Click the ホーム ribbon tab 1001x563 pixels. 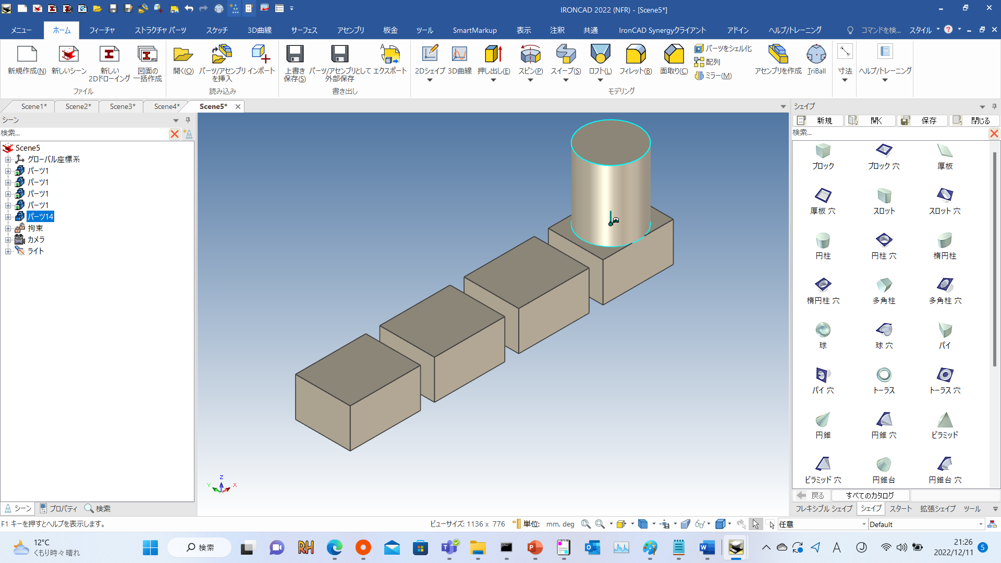coord(62,30)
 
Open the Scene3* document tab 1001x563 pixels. coord(122,106)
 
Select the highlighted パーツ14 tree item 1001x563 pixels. coord(41,216)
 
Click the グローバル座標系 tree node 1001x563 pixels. coord(53,159)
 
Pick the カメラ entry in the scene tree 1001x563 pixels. coord(35,239)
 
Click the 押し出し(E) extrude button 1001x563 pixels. coord(493,60)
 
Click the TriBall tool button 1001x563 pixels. coord(816,60)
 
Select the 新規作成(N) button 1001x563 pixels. coord(27,60)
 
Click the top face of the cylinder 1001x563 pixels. coord(611,142)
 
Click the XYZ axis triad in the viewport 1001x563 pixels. coord(222,485)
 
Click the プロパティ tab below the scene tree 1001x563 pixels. coord(58,508)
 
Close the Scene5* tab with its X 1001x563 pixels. coord(238,106)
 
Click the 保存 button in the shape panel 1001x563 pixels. coord(922,120)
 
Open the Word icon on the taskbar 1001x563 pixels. coord(706,547)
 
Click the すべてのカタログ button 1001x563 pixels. coord(870,495)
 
